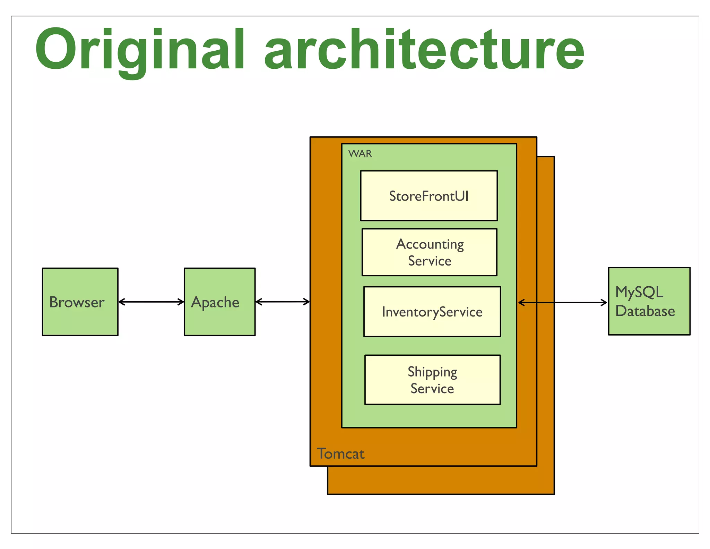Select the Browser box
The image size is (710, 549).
[80, 302]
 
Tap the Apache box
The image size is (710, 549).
[219, 302]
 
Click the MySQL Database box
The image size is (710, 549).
[649, 301]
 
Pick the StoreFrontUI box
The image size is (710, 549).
[429, 196]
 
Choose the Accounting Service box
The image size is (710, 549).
[429, 252]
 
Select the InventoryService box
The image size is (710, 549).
[432, 312]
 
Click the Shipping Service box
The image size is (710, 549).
[432, 380]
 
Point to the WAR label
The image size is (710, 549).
[360, 154]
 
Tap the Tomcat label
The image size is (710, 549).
[340, 454]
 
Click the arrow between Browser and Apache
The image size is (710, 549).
[151, 302]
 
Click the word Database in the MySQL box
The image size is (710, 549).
[645, 311]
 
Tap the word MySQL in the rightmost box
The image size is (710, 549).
[639, 292]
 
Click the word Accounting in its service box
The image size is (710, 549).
[430, 244]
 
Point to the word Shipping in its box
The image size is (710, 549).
[432, 372]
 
